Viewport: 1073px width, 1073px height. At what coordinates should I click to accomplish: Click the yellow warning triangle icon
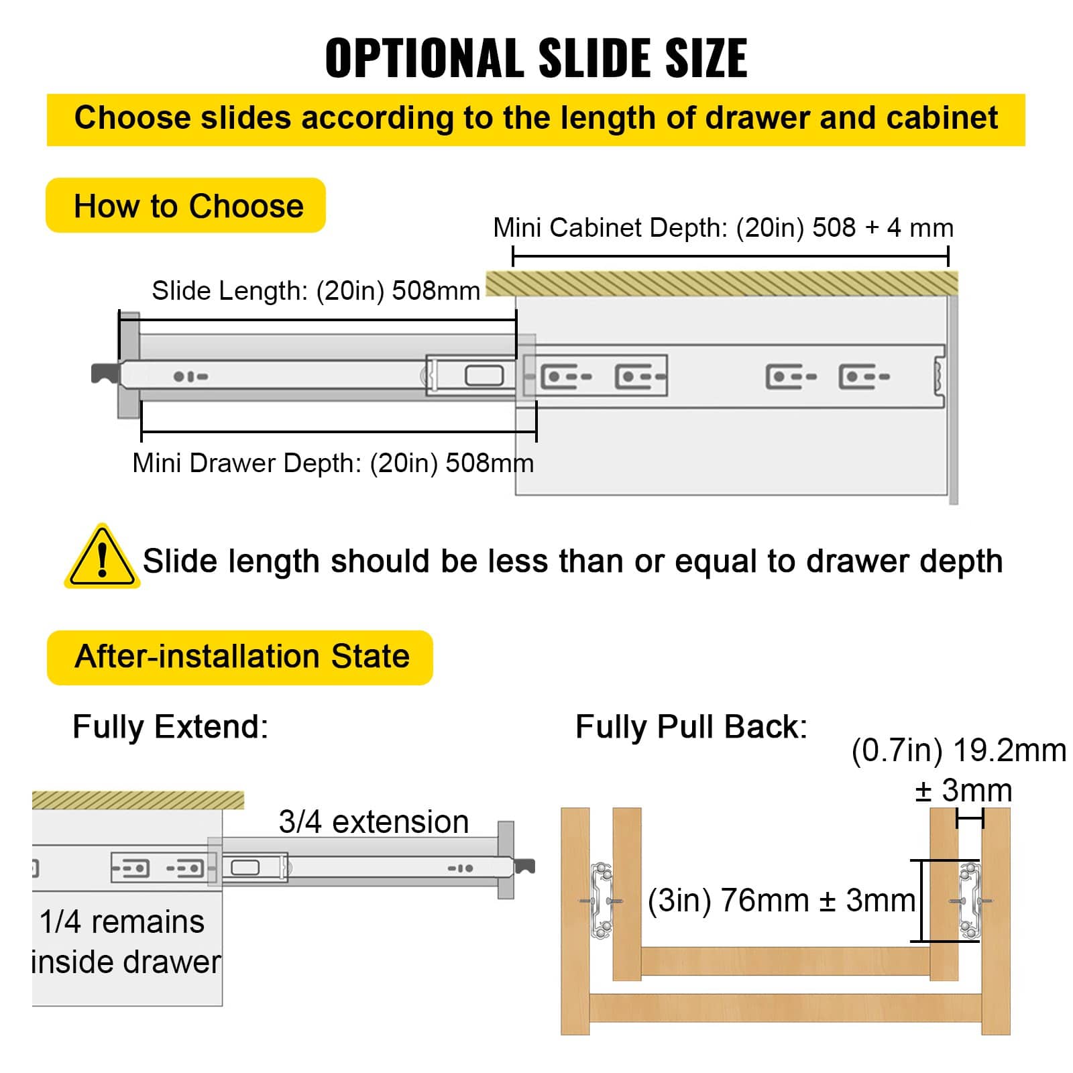(102, 558)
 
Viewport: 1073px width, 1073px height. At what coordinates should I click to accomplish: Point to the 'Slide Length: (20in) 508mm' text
(315, 291)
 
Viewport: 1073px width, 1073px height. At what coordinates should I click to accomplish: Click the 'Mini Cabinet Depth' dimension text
(722, 228)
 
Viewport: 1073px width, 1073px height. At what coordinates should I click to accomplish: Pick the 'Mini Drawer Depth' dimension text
(333, 463)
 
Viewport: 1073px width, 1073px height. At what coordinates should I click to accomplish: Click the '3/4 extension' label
(374, 822)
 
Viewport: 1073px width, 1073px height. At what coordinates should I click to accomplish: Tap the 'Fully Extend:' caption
(170, 726)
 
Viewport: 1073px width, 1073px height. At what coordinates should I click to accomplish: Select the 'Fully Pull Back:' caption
(691, 726)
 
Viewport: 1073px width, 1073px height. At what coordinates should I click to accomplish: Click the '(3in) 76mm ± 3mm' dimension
(781, 900)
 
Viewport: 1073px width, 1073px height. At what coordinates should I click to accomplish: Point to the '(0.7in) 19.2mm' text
(958, 750)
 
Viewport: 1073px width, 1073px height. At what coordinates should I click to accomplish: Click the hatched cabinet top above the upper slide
(721, 283)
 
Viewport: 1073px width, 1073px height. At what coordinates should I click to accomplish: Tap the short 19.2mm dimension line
(970, 818)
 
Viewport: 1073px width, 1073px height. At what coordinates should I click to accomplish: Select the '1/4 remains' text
(121, 921)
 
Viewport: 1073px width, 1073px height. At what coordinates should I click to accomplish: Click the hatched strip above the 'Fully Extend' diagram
(137, 800)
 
